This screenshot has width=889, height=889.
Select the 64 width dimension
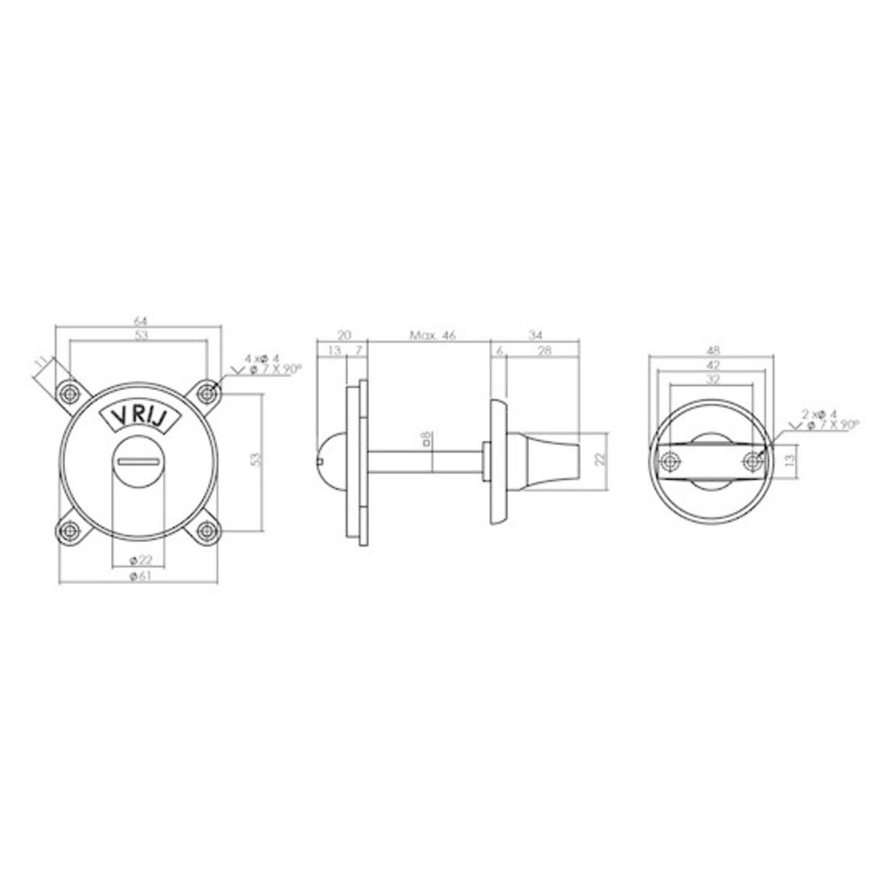[x=138, y=320]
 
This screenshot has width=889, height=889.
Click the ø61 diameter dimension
[x=138, y=577]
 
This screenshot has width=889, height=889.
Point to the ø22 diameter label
[x=138, y=559]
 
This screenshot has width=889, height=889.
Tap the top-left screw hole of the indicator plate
[x=67, y=392]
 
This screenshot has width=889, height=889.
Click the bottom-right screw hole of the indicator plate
[x=207, y=531]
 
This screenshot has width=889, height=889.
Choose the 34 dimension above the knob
[x=535, y=335]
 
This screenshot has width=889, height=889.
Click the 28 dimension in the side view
[x=544, y=352]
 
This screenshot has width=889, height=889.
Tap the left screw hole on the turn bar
[x=668, y=460]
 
